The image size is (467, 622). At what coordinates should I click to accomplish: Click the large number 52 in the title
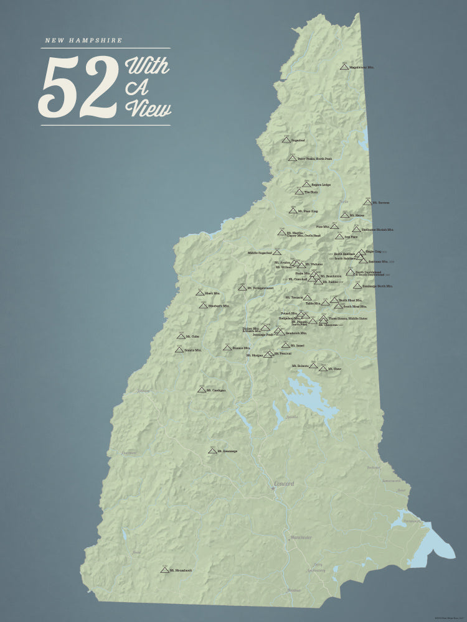[x=79, y=87]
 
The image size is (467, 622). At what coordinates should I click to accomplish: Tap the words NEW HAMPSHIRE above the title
[x=83, y=41]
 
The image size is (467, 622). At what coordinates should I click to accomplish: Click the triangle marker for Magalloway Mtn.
[x=344, y=65]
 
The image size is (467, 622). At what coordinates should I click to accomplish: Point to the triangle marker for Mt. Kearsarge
[x=212, y=450]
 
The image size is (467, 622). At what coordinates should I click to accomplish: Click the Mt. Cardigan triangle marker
[x=202, y=389]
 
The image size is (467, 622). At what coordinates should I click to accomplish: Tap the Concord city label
[x=284, y=483]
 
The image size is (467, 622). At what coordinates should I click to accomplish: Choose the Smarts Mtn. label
[x=194, y=350]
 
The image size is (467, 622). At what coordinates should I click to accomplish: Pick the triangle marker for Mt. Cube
[x=181, y=336]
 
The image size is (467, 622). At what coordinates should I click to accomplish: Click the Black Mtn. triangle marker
[x=200, y=292]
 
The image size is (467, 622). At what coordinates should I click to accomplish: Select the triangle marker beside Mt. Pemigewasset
[x=242, y=288]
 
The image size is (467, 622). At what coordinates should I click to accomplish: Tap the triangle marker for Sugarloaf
[x=286, y=140]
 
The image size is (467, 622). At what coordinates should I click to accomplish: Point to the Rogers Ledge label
[x=320, y=185]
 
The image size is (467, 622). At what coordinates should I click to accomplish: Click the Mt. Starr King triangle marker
[x=293, y=211]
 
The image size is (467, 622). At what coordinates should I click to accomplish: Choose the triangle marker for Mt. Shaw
[x=323, y=368]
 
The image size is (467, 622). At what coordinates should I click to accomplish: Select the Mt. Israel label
[x=297, y=345]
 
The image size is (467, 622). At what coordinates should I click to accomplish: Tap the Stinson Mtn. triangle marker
[x=227, y=347]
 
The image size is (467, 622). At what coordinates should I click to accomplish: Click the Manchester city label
[x=301, y=537]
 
